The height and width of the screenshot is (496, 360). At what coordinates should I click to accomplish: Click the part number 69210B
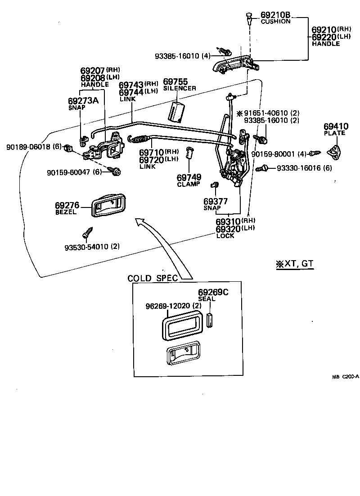(x=275, y=15)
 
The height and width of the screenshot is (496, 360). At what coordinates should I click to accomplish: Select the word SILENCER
(x=180, y=88)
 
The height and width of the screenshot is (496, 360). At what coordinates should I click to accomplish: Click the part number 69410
(x=336, y=127)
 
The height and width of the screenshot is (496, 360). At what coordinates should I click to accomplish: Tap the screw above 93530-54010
(x=87, y=232)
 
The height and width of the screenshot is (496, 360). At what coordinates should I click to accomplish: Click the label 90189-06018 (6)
(x=34, y=147)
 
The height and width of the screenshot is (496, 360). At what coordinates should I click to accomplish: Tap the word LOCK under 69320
(x=225, y=236)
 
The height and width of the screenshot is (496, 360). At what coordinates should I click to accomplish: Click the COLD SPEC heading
(x=152, y=278)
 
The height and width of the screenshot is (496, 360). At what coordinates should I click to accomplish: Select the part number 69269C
(x=213, y=292)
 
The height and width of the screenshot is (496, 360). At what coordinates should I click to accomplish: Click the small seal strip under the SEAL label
(x=209, y=320)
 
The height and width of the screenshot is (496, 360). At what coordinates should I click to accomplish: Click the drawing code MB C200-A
(x=346, y=376)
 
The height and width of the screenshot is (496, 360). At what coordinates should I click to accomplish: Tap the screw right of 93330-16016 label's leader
(x=261, y=168)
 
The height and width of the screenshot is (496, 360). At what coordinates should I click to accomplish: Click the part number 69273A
(x=83, y=100)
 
